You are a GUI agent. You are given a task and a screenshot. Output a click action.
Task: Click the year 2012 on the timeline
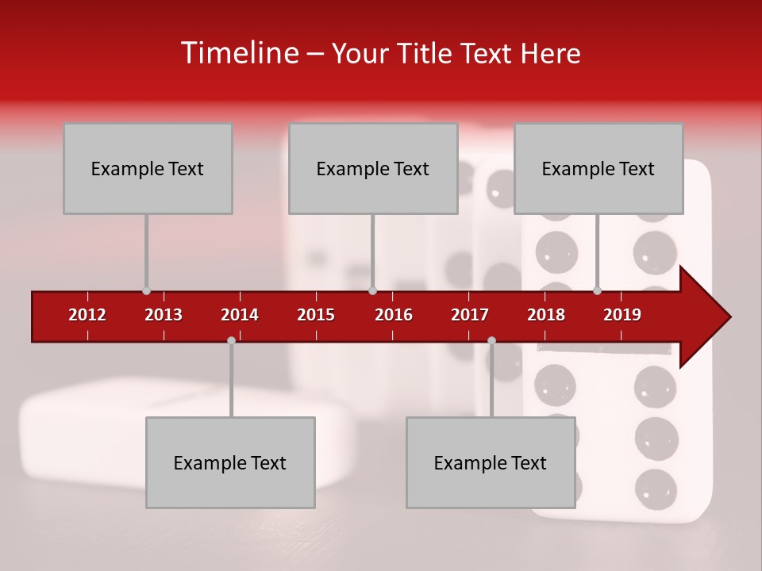(87, 315)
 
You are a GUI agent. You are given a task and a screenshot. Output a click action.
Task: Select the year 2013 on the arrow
(164, 315)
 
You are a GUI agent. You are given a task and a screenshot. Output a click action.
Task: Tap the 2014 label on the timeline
(240, 315)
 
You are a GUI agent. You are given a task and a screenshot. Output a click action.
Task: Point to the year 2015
(316, 315)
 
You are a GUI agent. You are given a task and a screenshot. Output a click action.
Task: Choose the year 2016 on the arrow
(394, 315)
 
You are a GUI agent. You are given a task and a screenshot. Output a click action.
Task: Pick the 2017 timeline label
(470, 315)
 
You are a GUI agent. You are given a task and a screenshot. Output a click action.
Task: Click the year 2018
(546, 315)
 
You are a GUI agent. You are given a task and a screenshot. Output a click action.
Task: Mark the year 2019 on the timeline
(622, 315)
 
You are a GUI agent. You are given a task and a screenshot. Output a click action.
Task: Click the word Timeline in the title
(239, 53)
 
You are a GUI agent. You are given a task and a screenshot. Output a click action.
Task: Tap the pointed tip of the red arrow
(728, 317)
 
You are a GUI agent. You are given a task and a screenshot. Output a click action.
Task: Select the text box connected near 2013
(148, 168)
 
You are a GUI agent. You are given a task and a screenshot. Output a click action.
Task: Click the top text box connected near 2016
(373, 168)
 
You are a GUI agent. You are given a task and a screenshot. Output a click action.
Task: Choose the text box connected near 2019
(598, 168)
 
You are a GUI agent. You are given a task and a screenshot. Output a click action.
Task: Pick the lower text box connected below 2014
(230, 462)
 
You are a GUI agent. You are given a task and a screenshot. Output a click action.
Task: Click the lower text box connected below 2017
(491, 462)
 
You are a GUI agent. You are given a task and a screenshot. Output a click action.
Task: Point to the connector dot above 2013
(146, 291)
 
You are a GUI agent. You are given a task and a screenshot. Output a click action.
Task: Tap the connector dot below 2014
(231, 340)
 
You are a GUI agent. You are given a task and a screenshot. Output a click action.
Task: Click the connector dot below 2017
(491, 340)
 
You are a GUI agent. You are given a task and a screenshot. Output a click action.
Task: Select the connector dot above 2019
(598, 291)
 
